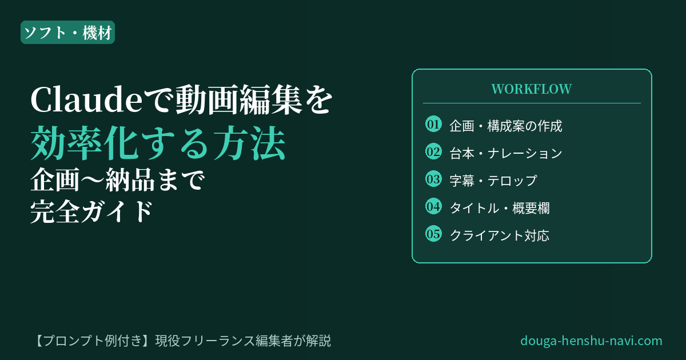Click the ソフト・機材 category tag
click(x=67, y=32)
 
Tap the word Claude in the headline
click(x=87, y=100)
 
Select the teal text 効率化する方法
click(x=158, y=143)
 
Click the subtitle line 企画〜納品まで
click(x=117, y=179)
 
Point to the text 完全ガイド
click(x=91, y=212)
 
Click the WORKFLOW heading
click(x=532, y=89)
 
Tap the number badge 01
click(x=433, y=125)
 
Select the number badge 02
click(x=433, y=151)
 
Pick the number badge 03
click(x=433, y=179)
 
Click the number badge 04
click(x=433, y=206)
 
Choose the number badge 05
click(x=433, y=234)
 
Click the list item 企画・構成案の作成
click(x=506, y=126)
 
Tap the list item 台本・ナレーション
click(x=506, y=153)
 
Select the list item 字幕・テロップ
click(x=493, y=181)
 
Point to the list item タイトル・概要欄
click(x=500, y=208)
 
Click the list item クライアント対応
click(x=500, y=235)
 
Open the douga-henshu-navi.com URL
click(x=591, y=341)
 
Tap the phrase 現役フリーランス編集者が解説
click(x=243, y=341)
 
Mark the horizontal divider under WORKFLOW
click(x=532, y=103)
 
